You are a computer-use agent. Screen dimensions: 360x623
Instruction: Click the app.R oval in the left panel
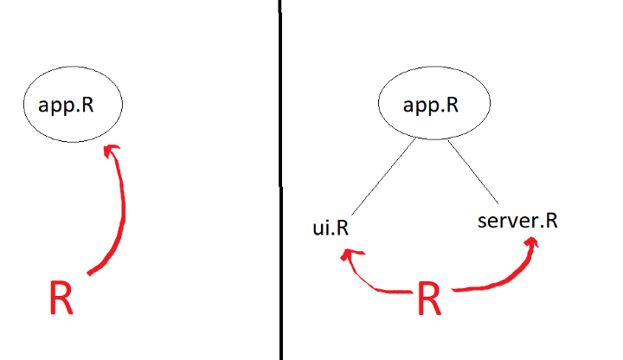pos(74,106)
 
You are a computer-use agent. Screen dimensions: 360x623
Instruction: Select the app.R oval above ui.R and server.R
pos(430,107)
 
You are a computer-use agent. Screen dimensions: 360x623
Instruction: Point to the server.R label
pos(517,222)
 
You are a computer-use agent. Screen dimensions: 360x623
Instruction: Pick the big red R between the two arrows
pos(430,298)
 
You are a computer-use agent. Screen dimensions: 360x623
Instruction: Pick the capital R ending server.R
pos(550,221)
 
